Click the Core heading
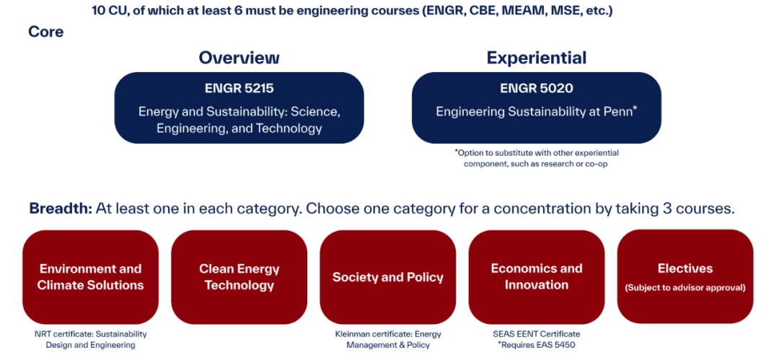tap(45, 32)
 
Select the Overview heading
tap(239, 58)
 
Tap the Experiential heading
tap(537, 58)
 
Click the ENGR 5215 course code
tap(239, 88)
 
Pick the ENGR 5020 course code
tap(537, 88)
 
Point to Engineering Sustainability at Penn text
tap(537, 111)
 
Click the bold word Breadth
tap(61, 208)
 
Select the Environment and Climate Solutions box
tap(90, 277)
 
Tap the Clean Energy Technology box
tap(239, 277)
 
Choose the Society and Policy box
tap(387, 277)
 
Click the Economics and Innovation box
tap(537, 277)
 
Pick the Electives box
tap(685, 276)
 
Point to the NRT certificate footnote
tap(90, 340)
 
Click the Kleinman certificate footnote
tap(388, 340)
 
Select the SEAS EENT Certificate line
tap(537, 334)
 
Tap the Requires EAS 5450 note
tap(537, 345)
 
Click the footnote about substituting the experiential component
tap(537, 158)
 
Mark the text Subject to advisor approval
tap(685, 288)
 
